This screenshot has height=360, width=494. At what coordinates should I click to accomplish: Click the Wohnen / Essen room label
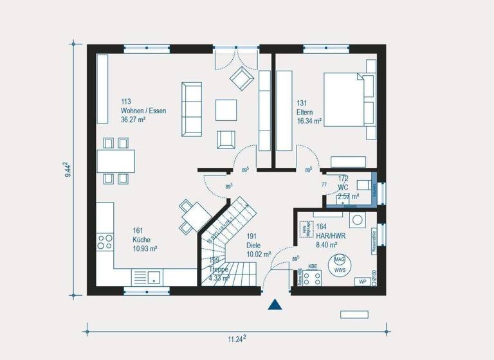coord(143,111)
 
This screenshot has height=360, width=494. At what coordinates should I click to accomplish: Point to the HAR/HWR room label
coord(331,235)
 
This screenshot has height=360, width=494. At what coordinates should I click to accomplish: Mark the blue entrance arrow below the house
coord(275,305)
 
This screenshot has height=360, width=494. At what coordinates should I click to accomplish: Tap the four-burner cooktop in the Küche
coord(104,242)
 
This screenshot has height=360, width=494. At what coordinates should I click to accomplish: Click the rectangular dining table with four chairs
coord(116,160)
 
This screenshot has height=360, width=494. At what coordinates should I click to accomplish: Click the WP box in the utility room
coord(362,282)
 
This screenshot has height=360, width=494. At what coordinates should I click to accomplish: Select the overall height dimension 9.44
coord(67,170)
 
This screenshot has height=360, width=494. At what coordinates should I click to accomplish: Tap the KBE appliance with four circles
coord(313,278)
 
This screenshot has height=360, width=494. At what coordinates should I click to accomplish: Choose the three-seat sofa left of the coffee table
coord(192,109)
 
